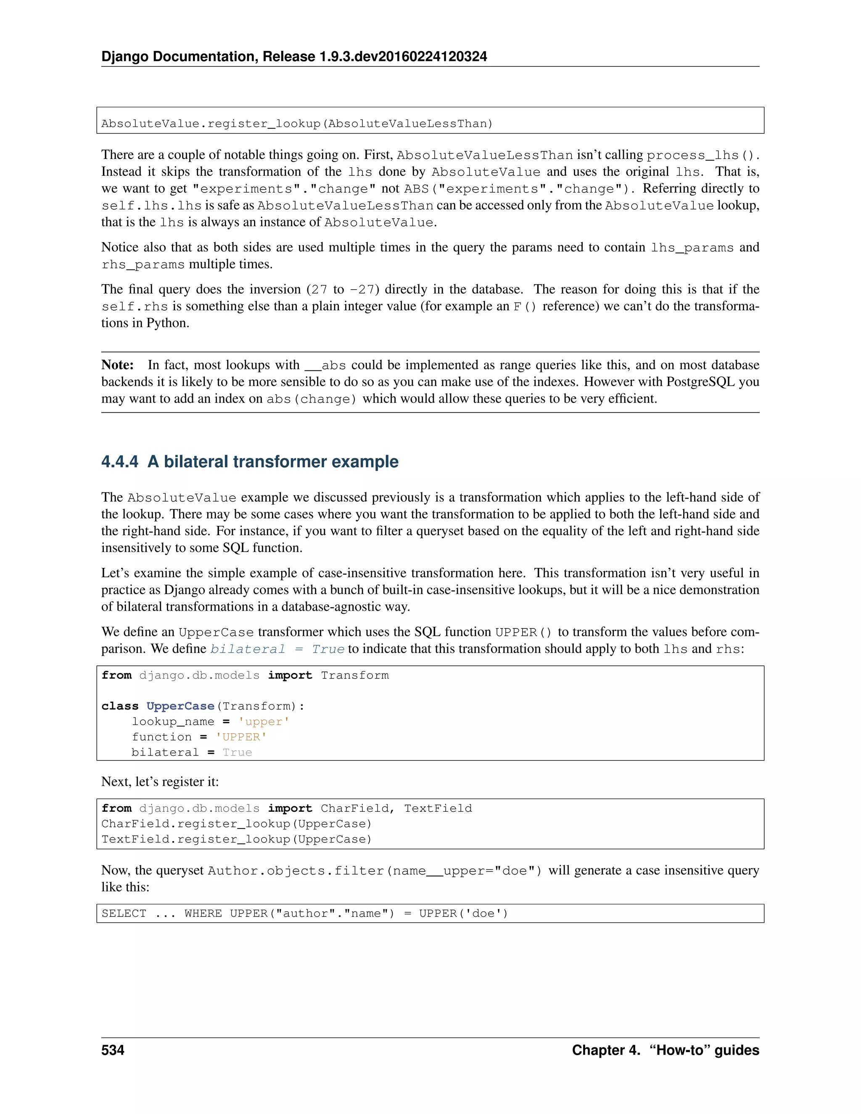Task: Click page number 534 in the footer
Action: [x=113, y=1050]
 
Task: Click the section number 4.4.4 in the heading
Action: [x=119, y=462]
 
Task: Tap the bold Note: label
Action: [x=117, y=365]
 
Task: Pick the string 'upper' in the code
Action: [x=264, y=722]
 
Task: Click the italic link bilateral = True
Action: [x=277, y=649]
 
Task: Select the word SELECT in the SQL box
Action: [x=124, y=913]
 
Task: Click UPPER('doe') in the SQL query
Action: [x=464, y=913]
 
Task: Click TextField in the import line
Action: [x=438, y=808]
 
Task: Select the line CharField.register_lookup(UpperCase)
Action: [x=237, y=824]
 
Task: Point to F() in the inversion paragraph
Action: [x=525, y=306]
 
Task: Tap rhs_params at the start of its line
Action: [x=143, y=265]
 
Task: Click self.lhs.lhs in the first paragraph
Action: [x=151, y=206]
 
